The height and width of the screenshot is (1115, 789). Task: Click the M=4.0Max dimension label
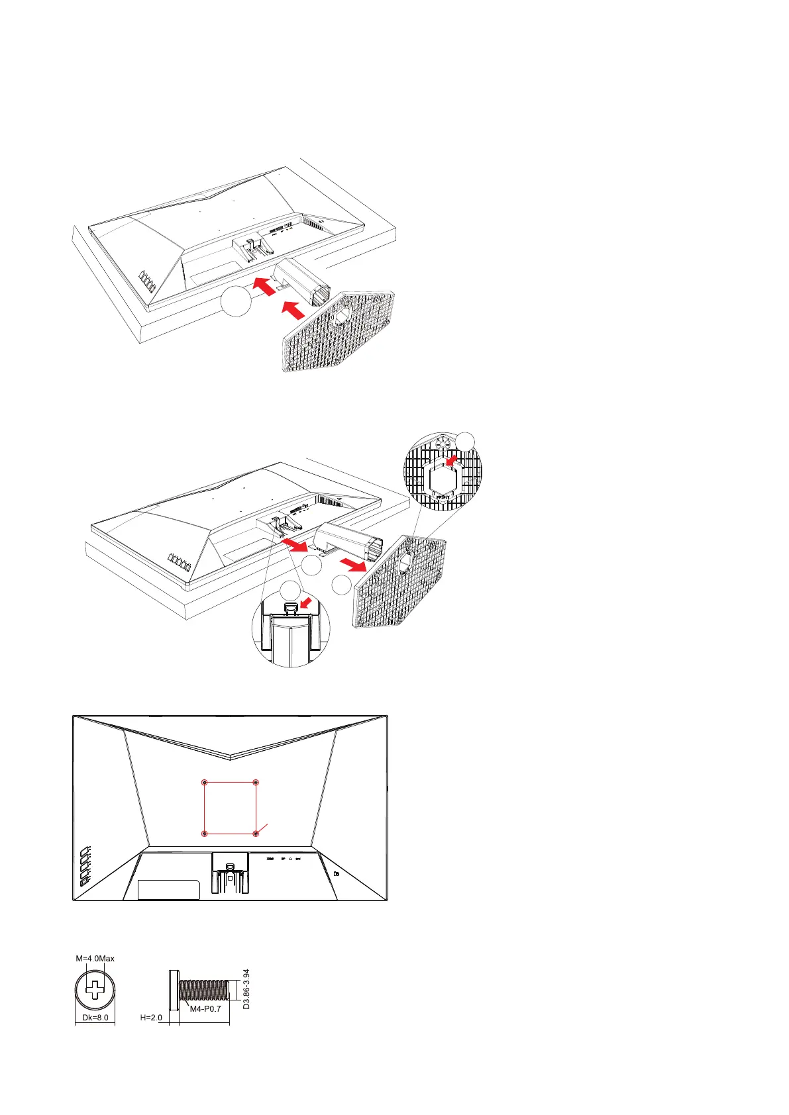coord(95,958)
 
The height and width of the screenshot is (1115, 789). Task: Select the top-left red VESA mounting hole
coord(205,783)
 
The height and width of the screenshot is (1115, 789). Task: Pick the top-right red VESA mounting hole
coord(256,783)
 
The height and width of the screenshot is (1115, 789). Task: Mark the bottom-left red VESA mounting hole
coord(205,834)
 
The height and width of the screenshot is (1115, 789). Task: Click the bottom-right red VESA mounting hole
coord(256,834)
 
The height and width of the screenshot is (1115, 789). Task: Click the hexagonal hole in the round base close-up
coord(443,477)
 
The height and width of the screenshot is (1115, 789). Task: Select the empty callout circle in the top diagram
coord(237,301)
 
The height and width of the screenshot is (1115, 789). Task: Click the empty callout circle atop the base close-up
coord(466,442)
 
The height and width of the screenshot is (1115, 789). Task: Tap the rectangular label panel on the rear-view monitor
coord(168,889)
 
